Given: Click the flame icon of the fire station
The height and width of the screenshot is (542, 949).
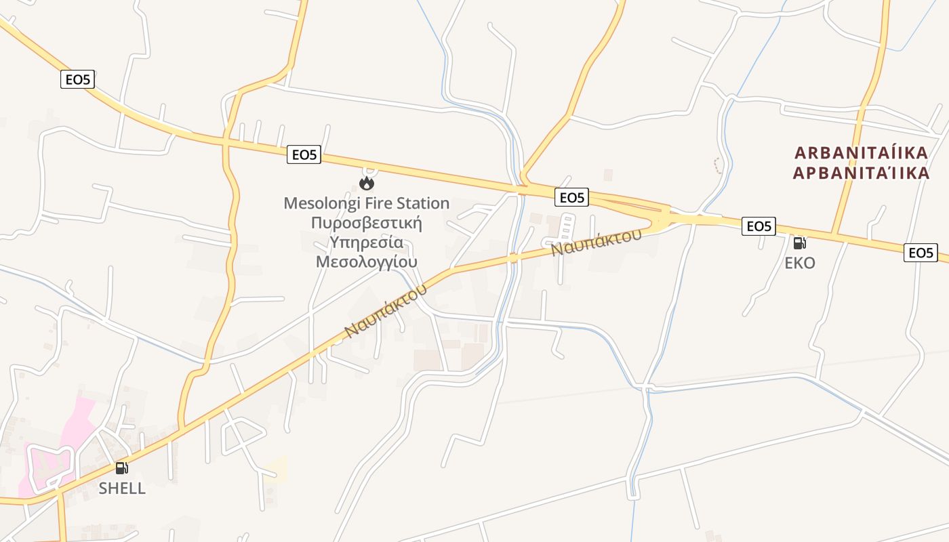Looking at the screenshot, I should [367, 183].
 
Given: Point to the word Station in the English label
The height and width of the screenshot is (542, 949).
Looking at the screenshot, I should [423, 203].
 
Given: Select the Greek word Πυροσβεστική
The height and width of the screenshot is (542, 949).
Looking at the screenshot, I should [366, 223].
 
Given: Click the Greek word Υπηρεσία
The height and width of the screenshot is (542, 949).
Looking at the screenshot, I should [366, 242].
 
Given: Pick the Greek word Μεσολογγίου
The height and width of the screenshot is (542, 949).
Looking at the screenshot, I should [366, 262].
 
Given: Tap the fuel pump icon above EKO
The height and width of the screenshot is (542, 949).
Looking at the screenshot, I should [800, 243].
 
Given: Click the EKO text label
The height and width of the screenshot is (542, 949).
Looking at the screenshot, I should [800, 263].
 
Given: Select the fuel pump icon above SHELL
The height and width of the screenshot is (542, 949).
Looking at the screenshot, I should [122, 467].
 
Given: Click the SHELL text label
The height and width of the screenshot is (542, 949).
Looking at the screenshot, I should [122, 488].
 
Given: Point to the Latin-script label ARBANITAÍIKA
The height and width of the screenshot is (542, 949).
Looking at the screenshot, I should [861, 152].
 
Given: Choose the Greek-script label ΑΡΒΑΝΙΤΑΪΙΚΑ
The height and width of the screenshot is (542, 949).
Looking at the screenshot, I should [861, 173].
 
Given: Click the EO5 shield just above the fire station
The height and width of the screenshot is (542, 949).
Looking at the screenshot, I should [304, 155].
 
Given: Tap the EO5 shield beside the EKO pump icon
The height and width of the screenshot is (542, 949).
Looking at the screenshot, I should [759, 226].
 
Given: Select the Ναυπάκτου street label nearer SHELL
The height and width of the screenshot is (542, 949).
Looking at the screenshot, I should [386, 310].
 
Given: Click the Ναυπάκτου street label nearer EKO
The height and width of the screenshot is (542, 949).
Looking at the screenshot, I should [596, 242].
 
